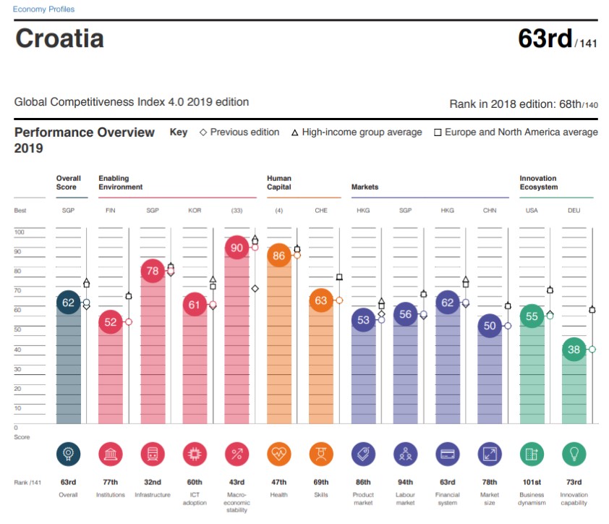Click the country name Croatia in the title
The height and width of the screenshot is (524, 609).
(x=59, y=38)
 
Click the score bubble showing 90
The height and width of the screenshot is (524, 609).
(x=237, y=248)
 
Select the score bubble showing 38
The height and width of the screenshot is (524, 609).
(x=574, y=350)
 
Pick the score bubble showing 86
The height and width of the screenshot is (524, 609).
(x=278, y=255)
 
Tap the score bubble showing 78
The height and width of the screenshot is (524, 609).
(x=152, y=271)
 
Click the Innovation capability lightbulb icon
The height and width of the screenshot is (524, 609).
(x=574, y=455)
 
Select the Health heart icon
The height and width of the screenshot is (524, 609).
(x=278, y=455)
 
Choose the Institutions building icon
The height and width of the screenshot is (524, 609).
(x=110, y=455)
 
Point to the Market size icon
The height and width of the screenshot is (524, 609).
(x=490, y=455)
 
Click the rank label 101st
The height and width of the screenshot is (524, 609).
(x=532, y=482)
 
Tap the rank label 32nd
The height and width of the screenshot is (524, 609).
(x=152, y=482)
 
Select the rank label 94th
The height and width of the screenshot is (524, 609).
(x=405, y=482)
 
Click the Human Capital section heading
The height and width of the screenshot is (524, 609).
(x=279, y=182)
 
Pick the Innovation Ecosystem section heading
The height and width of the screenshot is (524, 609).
(x=538, y=182)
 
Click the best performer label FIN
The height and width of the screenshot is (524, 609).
(x=110, y=211)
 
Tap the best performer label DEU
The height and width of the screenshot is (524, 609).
(x=574, y=211)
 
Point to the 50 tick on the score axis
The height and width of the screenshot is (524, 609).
(x=19, y=329)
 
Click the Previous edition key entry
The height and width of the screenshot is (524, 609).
(x=239, y=132)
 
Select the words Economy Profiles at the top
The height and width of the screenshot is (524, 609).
(x=43, y=9)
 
